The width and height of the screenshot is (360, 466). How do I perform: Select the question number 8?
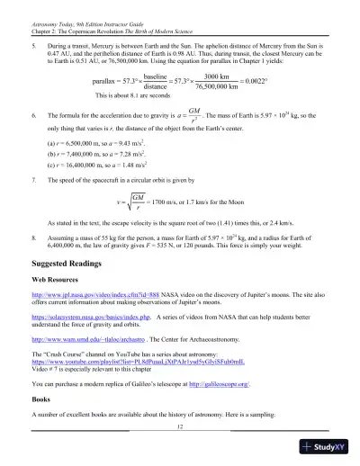pos(33,229)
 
